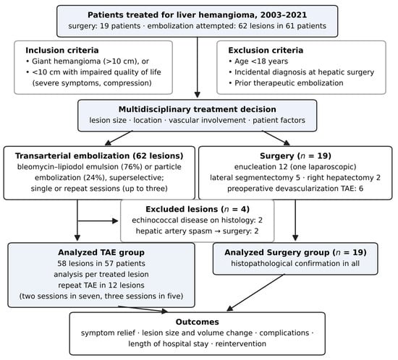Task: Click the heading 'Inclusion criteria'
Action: pyautogui.click(x=62, y=50)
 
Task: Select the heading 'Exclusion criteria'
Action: pyautogui.click(x=266, y=50)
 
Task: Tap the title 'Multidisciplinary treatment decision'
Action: pyautogui.click(x=198, y=109)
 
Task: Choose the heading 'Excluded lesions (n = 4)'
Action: pyautogui.click(x=198, y=209)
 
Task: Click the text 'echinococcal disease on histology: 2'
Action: pyautogui.click(x=198, y=220)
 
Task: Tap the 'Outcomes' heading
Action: pyautogui.click(x=198, y=322)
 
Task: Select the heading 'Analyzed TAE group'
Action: pyautogui.click(x=101, y=252)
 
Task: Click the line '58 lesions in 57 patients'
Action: pyautogui.click(x=101, y=263)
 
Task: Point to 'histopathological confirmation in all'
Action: pyautogui.click(x=295, y=263)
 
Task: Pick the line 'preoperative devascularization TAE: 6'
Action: pyautogui.click(x=295, y=189)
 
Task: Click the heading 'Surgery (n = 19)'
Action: pyautogui.click(x=295, y=156)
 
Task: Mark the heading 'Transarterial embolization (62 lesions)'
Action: pyautogui.click(x=99, y=156)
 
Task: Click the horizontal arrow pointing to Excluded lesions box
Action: pyautogui.click(x=98, y=221)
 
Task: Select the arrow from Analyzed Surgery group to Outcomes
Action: pyautogui.click(x=255, y=293)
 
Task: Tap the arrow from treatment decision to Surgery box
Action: pyautogui.click(x=276, y=138)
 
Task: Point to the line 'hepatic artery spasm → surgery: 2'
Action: pyautogui.click(x=198, y=231)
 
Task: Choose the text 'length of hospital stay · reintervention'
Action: pyautogui.click(x=198, y=344)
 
